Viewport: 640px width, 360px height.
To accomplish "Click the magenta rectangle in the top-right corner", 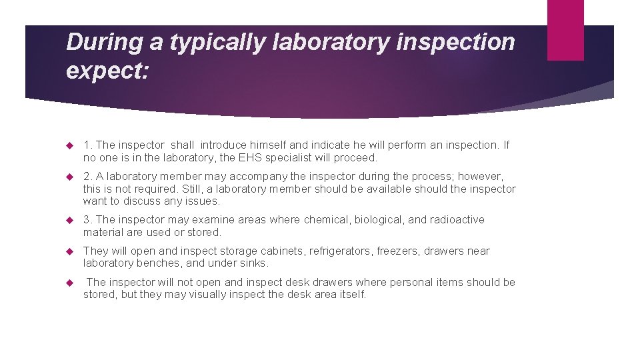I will click(565, 30).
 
